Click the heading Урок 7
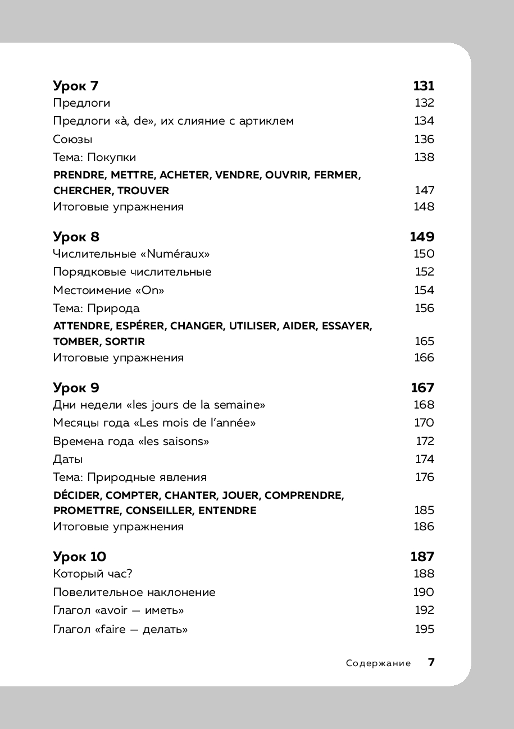pos(76,86)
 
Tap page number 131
pos(424,86)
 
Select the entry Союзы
pos(72,139)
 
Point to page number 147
pos(424,191)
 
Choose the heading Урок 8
pos(76,237)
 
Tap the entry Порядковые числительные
pos(132,272)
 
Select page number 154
pos(424,290)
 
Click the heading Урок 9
pos(76,388)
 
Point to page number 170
pos(424,423)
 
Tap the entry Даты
pos(68,459)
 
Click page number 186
pos(424,526)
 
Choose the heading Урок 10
pos(80,557)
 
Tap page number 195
pos(424,629)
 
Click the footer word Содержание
pos(378,663)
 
